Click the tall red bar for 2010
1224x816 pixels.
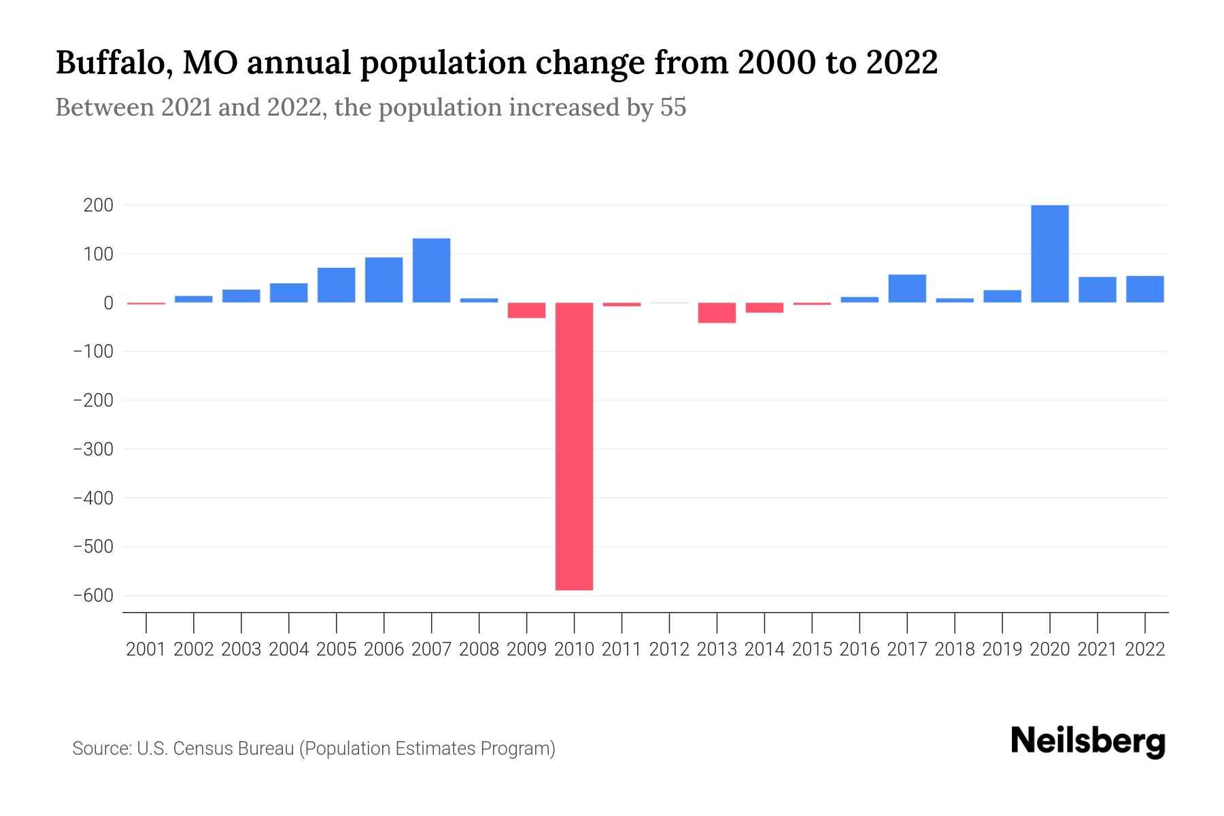(574, 446)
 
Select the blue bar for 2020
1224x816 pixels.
(1049, 254)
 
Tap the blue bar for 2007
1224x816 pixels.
(431, 271)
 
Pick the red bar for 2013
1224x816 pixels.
(717, 313)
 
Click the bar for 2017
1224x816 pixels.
(906, 289)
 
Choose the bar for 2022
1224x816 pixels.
(1144, 289)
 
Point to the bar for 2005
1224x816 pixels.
(336, 286)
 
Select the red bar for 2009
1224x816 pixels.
(526, 310)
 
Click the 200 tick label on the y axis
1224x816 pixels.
(98, 205)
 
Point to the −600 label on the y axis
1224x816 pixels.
(93, 596)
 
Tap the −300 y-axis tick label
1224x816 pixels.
(93, 449)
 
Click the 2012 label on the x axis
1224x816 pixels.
(669, 649)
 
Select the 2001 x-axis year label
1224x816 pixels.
(146, 649)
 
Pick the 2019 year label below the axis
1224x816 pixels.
(1002, 649)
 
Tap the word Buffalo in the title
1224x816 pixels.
(113, 63)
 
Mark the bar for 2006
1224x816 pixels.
(384, 280)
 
